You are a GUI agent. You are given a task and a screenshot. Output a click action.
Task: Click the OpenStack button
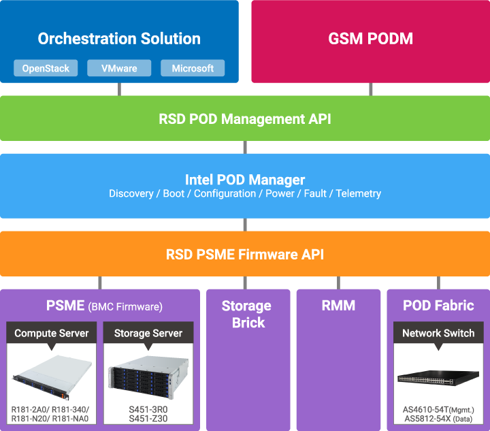(x=46, y=68)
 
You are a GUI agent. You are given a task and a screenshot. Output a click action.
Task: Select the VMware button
(x=119, y=68)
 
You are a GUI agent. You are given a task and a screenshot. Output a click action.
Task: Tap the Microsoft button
(x=193, y=68)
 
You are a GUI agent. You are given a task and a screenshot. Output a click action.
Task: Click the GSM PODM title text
(x=370, y=39)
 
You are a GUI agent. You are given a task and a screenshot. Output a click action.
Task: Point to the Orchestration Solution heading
(x=119, y=39)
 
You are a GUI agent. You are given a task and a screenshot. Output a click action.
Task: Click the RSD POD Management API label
(x=245, y=119)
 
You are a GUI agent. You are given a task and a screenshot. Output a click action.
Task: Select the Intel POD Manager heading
(x=245, y=180)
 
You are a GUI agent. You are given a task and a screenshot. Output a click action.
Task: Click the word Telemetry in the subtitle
(x=359, y=194)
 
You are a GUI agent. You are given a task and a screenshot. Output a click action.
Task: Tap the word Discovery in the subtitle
(x=131, y=194)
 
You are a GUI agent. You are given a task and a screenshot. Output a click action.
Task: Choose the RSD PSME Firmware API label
(x=245, y=255)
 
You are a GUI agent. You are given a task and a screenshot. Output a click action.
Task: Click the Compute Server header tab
(x=52, y=333)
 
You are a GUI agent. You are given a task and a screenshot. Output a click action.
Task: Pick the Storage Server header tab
(x=148, y=333)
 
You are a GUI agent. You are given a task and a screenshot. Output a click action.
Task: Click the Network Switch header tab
(x=438, y=333)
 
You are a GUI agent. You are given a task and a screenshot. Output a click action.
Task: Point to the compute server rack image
(x=52, y=377)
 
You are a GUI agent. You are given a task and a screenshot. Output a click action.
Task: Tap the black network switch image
(x=438, y=378)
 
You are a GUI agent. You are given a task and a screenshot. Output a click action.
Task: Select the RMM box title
(x=338, y=306)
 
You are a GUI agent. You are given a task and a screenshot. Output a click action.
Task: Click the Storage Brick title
(x=247, y=314)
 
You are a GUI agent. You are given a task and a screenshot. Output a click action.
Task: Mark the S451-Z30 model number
(x=148, y=419)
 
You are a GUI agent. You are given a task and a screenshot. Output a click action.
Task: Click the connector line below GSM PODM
(x=371, y=89)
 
